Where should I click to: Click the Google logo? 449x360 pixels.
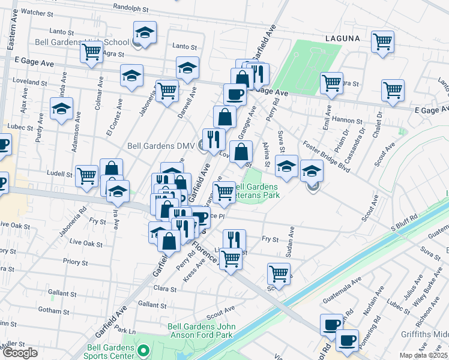[x=20, y=353]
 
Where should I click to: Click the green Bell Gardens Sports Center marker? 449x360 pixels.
[x=143, y=350]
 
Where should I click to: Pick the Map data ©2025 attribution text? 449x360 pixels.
[x=424, y=355]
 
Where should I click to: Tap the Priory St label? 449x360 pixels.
[x=75, y=262]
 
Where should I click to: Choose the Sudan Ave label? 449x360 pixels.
[x=292, y=241]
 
